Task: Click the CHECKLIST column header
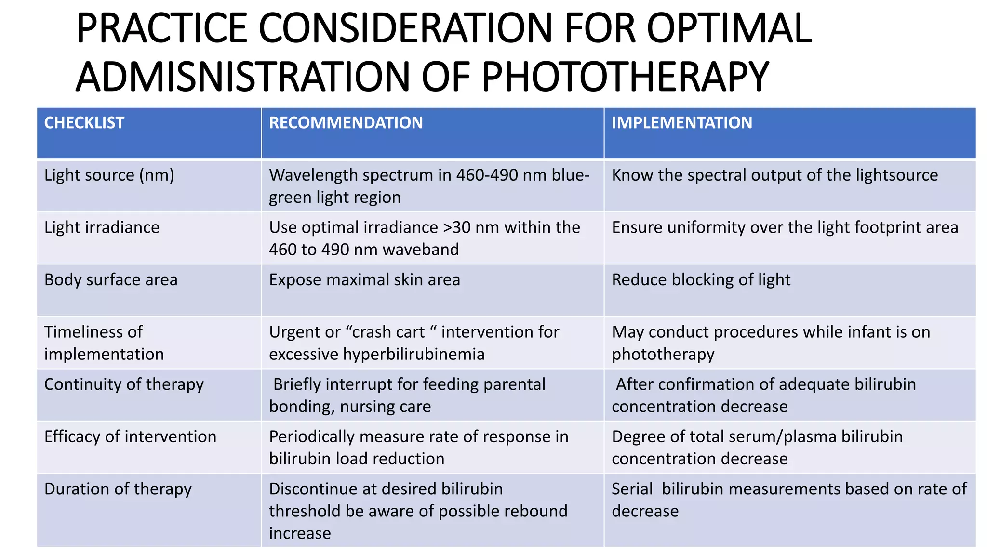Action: pyautogui.click(x=84, y=123)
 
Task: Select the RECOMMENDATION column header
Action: pyautogui.click(x=346, y=123)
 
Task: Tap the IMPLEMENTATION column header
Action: pyautogui.click(x=681, y=123)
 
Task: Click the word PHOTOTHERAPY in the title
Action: pyautogui.click(x=625, y=77)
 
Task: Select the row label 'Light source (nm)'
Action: pyautogui.click(x=109, y=175)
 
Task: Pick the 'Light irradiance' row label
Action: pyautogui.click(x=102, y=227)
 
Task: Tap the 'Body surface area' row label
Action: pyautogui.click(x=111, y=280)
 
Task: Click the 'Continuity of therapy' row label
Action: pyautogui.click(x=124, y=384)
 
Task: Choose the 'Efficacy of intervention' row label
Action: pyautogui.click(x=130, y=436)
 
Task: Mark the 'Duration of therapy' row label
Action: pyautogui.click(x=118, y=489)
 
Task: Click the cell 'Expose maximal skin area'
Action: pyautogui.click(x=364, y=280)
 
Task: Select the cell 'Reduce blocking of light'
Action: pyautogui.click(x=701, y=280)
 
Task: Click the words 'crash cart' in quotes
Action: pyautogui.click(x=389, y=332)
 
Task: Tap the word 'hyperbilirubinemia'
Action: pyautogui.click(x=413, y=355)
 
